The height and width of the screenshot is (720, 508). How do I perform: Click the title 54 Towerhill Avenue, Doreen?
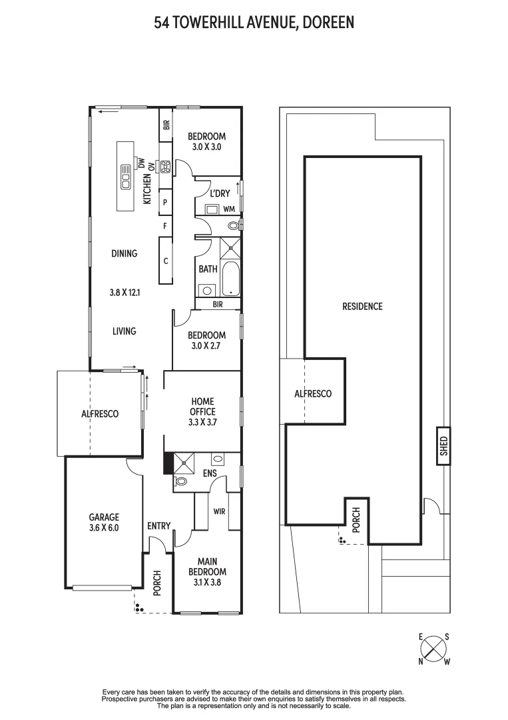pos(254,23)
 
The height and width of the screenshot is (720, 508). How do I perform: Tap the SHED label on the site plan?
pos(443,445)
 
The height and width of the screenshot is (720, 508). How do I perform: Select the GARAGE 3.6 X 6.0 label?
pos(105,522)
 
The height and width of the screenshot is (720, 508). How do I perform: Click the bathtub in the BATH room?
pos(230,279)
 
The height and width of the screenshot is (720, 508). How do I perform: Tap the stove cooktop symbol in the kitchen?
pos(165,166)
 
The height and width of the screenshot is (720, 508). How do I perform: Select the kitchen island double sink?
pos(125,177)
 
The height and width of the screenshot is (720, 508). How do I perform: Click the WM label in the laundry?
pos(229,209)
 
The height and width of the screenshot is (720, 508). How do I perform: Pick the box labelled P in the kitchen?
pos(164,201)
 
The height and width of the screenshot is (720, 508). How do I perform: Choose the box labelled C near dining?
pos(165,260)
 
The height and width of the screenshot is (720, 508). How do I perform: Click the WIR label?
pos(218,511)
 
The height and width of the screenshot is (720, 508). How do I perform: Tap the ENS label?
pos(211,473)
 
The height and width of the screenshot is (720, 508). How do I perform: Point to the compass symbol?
pos(433,649)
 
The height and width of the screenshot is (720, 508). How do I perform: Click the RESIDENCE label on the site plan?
pos(362,307)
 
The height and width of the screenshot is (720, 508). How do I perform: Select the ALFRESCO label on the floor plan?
pos(100,414)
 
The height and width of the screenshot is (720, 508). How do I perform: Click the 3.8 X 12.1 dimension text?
pos(124,292)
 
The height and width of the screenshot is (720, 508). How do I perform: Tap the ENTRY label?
pos(159,526)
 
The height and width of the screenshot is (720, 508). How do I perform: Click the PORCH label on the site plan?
pos(356,519)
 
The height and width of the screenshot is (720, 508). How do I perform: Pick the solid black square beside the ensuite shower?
pos(168,463)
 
